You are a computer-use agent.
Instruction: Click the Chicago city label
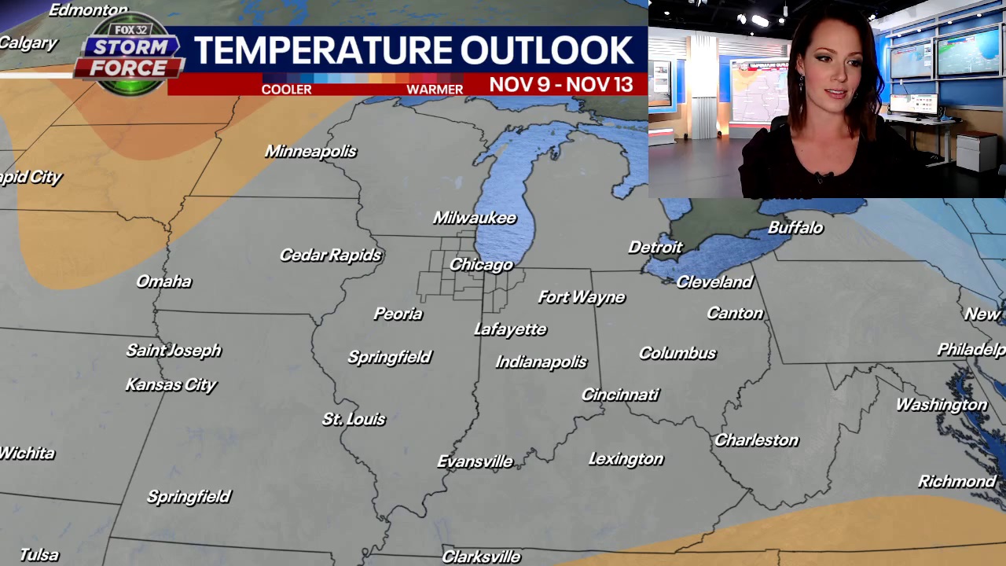click(481, 265)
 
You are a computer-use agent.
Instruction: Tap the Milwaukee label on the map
click(475, 218)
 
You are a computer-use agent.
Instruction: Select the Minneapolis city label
click(310, 151)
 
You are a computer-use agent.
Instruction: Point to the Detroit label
click(655, 248)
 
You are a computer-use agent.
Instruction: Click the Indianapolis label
click(542, 362)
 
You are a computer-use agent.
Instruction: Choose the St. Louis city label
click(354, 419)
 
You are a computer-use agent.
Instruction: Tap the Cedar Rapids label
click(330, 255)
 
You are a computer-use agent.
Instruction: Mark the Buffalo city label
click(795, 227)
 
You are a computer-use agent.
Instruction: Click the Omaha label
click(163, 281)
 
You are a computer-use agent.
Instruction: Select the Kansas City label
click(171, 384)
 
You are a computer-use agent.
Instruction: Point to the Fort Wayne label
click(582, 296)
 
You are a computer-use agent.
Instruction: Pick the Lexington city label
click(626, 458)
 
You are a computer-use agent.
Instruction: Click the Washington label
click(941, 405)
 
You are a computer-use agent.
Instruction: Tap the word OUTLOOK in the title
click(546, 51)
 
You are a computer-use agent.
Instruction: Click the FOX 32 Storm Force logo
click(130, 55)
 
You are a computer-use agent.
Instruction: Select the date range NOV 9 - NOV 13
click(561, 84)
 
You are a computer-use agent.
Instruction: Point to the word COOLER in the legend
click(286, 90)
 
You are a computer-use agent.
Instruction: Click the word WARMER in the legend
click(435, 90)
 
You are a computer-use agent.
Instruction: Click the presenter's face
click(830, 79)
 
